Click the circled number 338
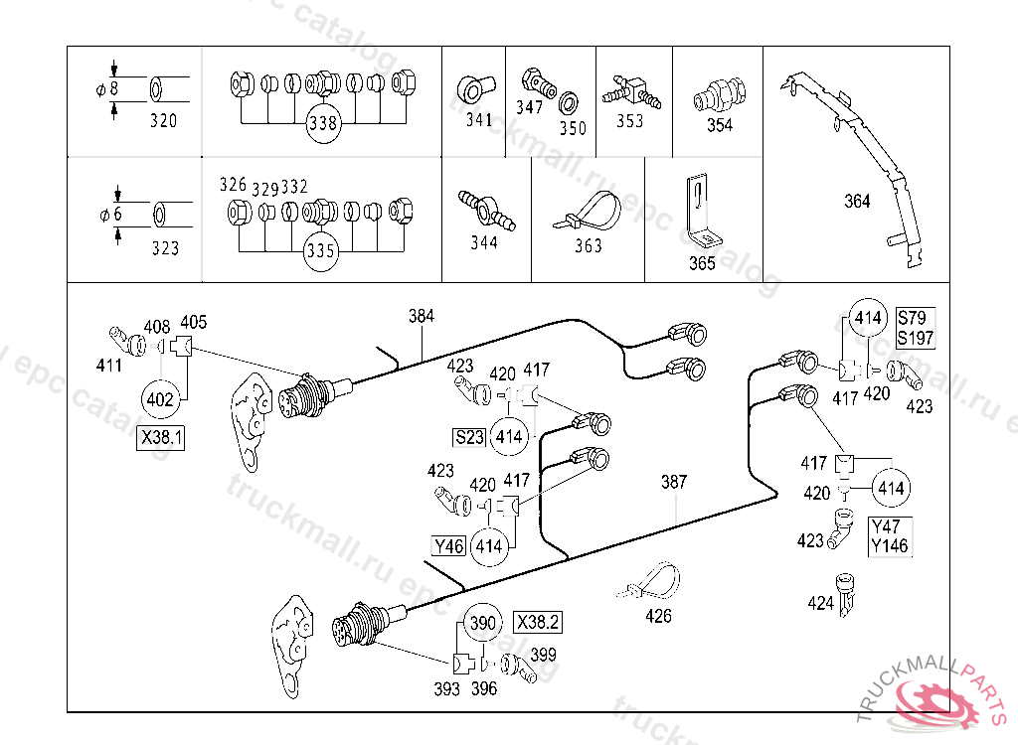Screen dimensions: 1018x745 click(x=323, y=122)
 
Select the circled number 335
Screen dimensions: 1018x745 click(x=320, y=250)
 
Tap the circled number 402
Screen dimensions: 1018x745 click(x=160, y=399)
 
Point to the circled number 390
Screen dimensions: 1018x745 click(x=482, y=623)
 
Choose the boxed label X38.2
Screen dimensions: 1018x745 click(x=538, y=622)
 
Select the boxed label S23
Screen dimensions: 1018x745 click(x=469, y=437)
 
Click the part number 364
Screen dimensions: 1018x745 click(x=857, y=201)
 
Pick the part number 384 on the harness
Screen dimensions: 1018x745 click(x=422, y=316)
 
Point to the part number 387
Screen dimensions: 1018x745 click(x=674, y=482)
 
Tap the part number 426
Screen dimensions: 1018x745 click(x=658, y=616)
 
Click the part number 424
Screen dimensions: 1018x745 click(x=820, y=603)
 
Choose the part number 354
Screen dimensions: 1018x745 click(x=720, y=124)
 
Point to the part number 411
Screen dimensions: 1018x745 click(x=109, y=366)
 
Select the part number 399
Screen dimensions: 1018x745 click(x=544, y=655)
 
